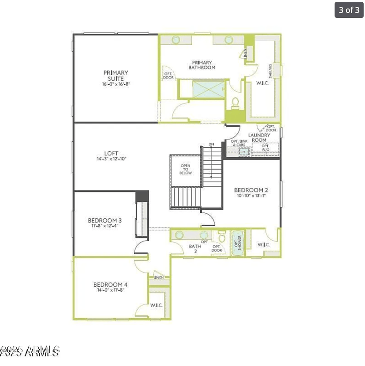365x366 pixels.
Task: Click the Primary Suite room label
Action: tap(115, 75)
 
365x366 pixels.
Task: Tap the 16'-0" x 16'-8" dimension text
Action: tap(115, 84)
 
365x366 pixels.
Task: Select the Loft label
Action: tap(111, 153)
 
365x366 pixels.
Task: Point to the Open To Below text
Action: tap(186, 170)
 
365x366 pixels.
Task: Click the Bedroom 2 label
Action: tap(251, 190)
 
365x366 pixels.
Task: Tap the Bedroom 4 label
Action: tap(110, 284)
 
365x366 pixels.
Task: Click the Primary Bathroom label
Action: tap(202, 65)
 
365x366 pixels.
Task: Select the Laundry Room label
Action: tap(259, 137)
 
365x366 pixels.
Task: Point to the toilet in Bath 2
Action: tap(222, 237)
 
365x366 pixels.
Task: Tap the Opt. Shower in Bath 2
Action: tap(237, 243)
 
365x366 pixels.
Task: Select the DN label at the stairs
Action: tap(211, 144)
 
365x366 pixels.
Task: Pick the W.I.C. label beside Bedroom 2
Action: tap(263, 245)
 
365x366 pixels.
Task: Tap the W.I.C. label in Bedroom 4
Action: tap(156, 305)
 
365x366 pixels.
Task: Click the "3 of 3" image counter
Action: tap(349, 10)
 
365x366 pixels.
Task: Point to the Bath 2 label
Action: tap(195, 248)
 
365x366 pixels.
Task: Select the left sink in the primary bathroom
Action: tap(176, 40)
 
